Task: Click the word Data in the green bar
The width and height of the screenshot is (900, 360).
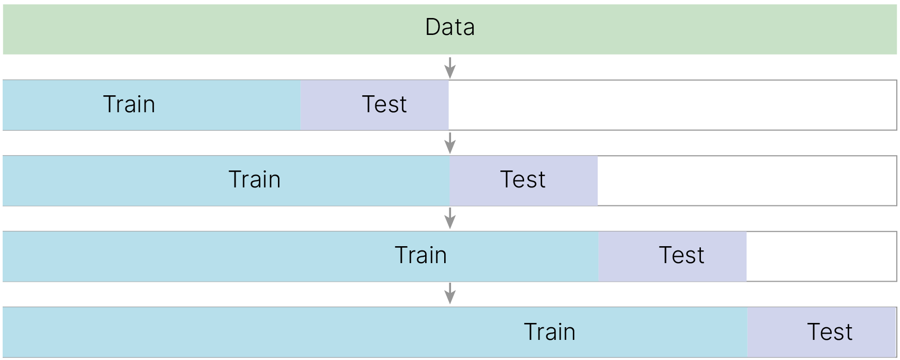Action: [x=450, y=27]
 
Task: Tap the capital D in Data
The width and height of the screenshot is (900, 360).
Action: [x=433, y=27]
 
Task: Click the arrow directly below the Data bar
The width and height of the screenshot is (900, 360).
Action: [x=450, y=68]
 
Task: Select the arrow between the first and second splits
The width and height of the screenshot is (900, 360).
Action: [x=450, y=143]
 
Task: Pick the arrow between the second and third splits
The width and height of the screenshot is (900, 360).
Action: [x=450, y=218]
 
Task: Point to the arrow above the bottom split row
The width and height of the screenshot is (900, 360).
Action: [x=450, y=293]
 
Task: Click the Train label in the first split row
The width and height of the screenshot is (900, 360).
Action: [x=129, y=104]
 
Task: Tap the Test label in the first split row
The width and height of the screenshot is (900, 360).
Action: [x=384, y=104]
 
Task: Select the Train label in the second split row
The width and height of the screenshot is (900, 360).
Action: [x=254, y=179]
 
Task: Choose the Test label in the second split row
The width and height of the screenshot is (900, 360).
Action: [x=523, y=179]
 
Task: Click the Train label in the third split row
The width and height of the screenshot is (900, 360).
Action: [x=421, y=255]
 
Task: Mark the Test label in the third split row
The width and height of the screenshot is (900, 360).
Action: [x=682, y=255]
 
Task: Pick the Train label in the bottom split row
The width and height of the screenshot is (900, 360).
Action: [x=550, y=332]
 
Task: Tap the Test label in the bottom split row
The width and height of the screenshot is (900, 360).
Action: [x=830, y=332]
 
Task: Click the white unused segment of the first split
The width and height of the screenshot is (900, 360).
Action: [x=672, y=105]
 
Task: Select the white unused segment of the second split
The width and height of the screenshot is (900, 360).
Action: [x=748, y=181]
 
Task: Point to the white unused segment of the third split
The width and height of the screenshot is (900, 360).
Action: [x=822, y=256]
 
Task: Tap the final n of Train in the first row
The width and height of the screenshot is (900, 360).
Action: [x=149, y=107]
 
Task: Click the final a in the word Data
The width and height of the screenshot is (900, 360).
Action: [x=469, y=30]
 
